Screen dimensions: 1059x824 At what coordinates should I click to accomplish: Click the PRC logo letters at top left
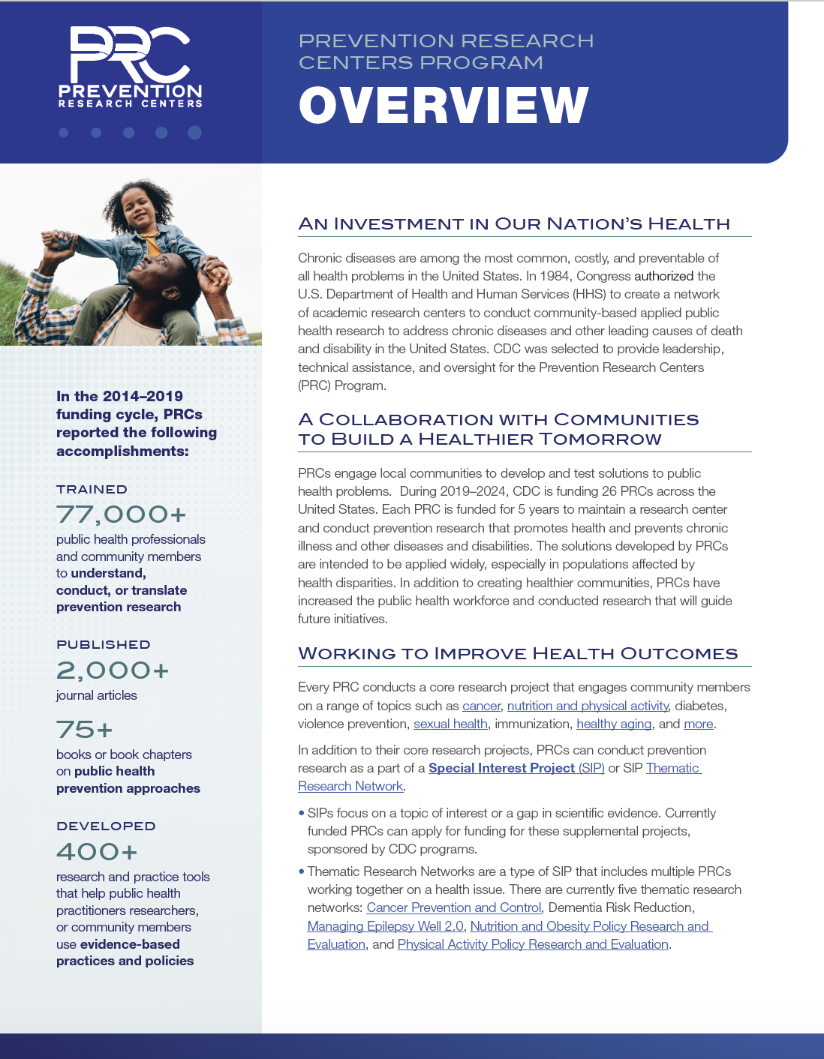(129, 54)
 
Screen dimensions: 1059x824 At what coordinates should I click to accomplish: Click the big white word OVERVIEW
(444, 105)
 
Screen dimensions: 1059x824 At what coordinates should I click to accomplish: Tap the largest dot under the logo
(194, 133)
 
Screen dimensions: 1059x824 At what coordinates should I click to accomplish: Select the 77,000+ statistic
(121, 514)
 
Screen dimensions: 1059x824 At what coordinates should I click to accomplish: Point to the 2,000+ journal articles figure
(113, 670)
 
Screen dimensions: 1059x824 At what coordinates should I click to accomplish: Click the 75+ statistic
(85, 729)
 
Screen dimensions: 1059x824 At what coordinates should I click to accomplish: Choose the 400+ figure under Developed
(98, 851)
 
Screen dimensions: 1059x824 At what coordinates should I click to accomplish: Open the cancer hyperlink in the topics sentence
(481, 706)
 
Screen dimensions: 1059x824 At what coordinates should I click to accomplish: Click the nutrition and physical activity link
(588, 706)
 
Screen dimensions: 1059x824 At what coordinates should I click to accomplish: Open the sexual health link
(450, 724)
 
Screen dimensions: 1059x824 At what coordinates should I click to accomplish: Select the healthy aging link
(614, 724)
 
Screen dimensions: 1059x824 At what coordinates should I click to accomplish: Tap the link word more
(698, 724)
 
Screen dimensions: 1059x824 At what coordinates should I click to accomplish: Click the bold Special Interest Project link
(501, 768)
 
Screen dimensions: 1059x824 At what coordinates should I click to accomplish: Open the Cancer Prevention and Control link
(453, 907)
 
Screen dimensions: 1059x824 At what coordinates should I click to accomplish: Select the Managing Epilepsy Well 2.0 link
(385, 926)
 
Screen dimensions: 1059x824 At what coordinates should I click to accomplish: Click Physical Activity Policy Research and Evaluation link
(533, 944)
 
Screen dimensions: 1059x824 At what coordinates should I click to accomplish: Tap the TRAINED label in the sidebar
(92, 489)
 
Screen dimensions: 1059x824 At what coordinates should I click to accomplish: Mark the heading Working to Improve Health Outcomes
(518, 653)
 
